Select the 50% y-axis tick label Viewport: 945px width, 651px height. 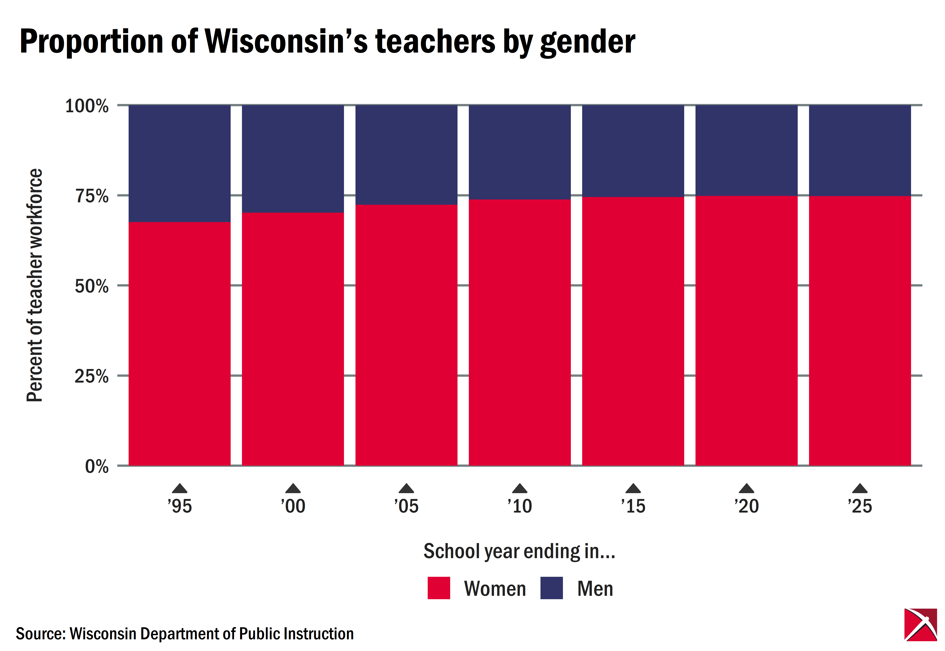[92, 286]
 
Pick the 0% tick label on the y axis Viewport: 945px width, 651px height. [97, 466]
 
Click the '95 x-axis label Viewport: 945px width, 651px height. [180, 506]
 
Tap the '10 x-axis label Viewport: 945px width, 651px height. [520, 506]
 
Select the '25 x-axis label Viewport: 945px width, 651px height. [860, 506]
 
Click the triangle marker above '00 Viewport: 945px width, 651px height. [293, 489]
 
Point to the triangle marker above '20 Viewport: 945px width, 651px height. [747, 489]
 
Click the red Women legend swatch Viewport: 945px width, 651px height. [439, 588]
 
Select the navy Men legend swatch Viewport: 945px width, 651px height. [551, 588]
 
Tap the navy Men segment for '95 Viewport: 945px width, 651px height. [180, 163]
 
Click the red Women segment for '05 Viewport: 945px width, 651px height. [406, 335]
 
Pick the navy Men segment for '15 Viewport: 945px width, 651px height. [633, 151]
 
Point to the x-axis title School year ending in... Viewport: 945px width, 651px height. [519, 552]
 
